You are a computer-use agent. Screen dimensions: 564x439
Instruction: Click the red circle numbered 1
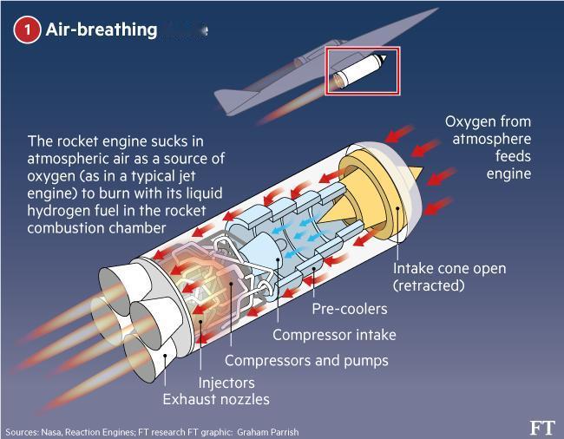coord(27,29)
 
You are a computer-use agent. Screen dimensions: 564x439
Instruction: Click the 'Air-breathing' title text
coord(102,29)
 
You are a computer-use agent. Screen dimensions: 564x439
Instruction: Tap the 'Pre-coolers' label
coord(350,309)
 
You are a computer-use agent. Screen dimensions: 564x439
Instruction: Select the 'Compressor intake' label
coord(335,335)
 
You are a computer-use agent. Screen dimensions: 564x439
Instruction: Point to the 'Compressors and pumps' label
coord(306,361)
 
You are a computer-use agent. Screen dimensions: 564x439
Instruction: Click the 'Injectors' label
coord(226,383)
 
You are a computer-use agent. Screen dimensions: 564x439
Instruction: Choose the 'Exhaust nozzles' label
coord(216,399)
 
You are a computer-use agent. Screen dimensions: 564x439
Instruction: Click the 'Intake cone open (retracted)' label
coord(449,277)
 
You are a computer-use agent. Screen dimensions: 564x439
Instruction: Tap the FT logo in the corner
coord(542,428)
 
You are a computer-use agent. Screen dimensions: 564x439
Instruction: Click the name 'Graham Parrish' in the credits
coord(267,432)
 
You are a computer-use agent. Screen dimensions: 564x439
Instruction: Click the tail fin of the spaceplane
coord(233,100)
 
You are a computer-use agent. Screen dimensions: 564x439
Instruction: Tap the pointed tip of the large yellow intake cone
coord(423,168)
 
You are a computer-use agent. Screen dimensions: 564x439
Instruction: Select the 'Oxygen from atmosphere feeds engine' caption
coord(489,147)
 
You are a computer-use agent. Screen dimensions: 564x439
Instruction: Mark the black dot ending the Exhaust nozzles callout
coord(165,356)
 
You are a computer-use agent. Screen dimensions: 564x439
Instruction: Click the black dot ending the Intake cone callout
coord(397,207)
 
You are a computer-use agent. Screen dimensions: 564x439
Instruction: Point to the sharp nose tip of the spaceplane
coord(437,9)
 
